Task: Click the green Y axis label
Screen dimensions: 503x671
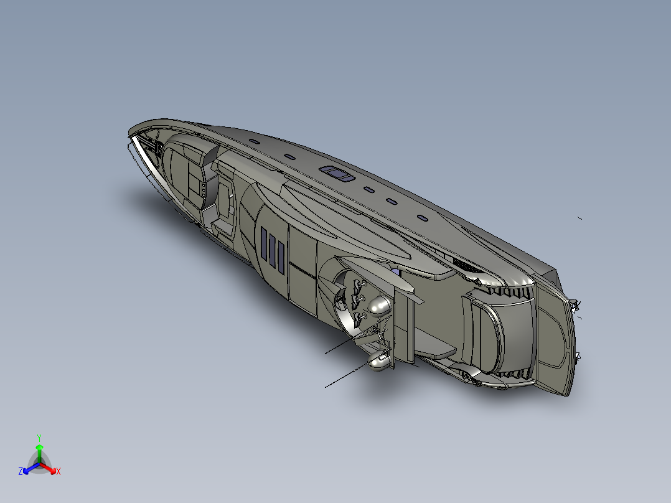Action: click(39, 438)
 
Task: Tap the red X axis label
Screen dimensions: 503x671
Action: click(58, 472)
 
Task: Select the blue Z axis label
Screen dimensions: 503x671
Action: click(21, 471)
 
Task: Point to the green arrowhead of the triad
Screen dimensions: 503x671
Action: click(39, 447)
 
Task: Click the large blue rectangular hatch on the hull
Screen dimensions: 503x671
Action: click(337, 173)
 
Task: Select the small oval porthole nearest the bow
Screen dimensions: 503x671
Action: click(255, 142)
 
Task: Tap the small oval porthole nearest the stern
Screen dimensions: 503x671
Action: click(422, 218)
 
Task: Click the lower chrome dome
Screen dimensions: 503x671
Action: click(378, 362)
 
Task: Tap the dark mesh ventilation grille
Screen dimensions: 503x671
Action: click(465, 265)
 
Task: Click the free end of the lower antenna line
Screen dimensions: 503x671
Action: click(326, 387)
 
